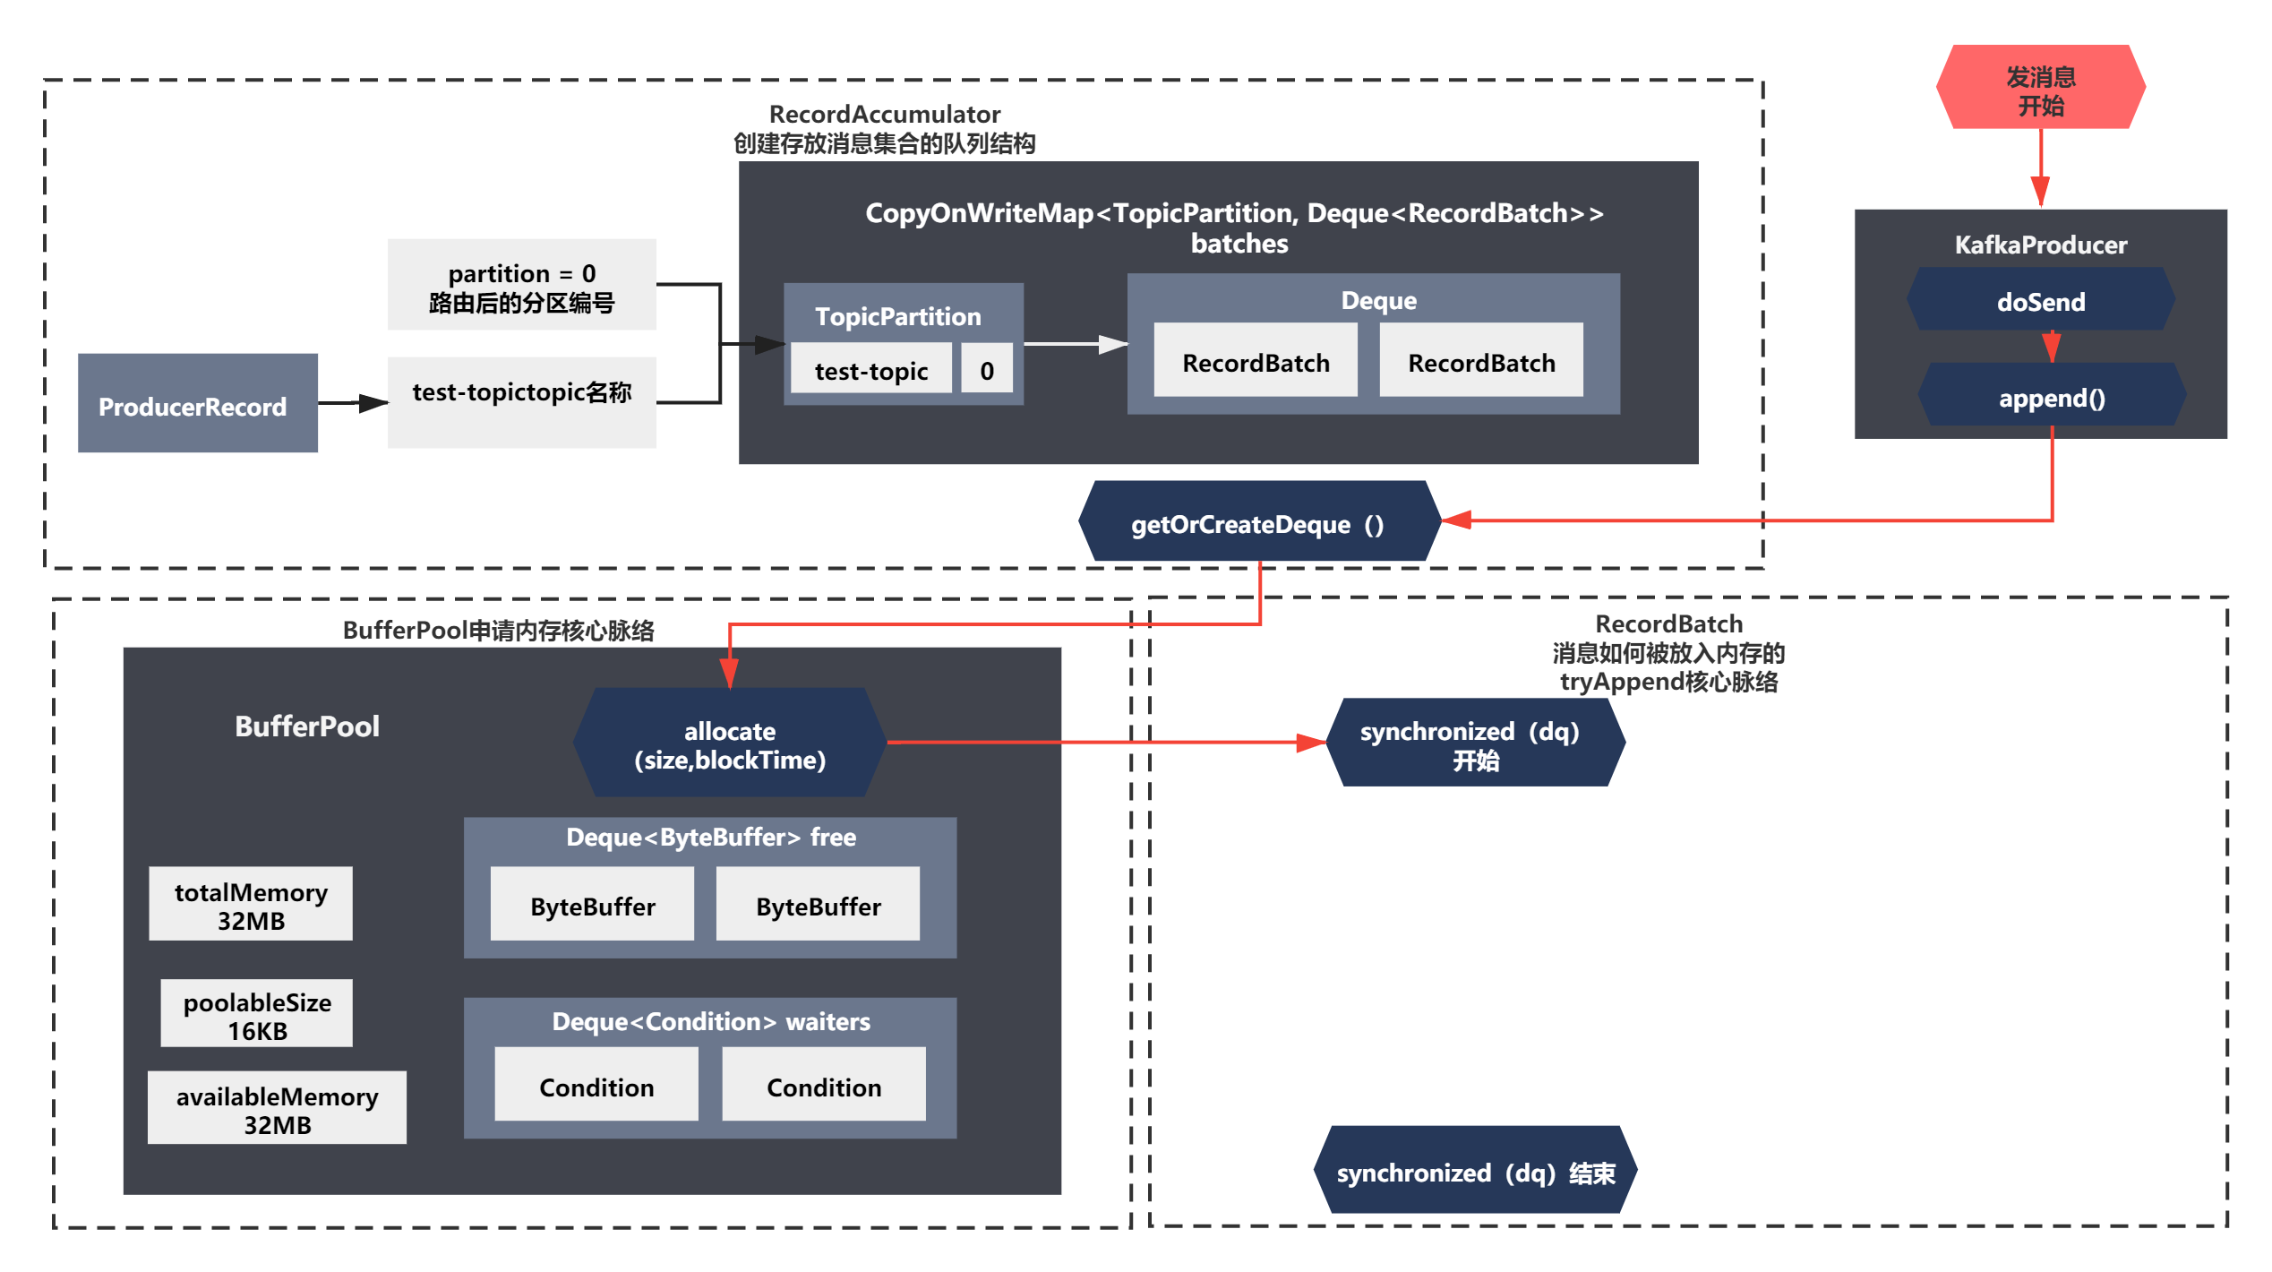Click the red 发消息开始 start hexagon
2040,87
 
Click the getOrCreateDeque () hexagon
1258,521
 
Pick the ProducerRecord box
197,403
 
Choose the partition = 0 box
521,285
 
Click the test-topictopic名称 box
521,402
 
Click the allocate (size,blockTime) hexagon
729,743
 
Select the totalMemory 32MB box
251,904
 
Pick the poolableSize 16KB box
256,1013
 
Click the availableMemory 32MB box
277,1108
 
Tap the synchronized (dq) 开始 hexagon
1474,743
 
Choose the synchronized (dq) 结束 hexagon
1474,1170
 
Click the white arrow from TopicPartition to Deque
1076,344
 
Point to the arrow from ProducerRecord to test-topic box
353,403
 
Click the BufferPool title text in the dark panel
306,726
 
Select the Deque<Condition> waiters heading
710,1022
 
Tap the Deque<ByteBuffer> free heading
710,838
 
